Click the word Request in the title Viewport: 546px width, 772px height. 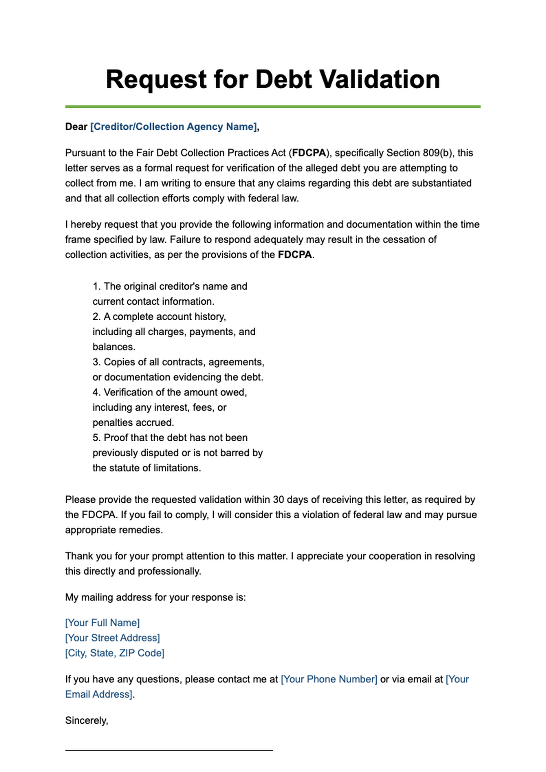click(x=156, y=79)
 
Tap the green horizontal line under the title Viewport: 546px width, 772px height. click(x=273, y=107)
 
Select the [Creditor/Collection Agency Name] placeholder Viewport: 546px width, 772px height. click(x=173, y=127)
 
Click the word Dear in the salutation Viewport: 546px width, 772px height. click(x=76, y=127)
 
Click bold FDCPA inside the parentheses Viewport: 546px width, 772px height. click(x=309, y=153)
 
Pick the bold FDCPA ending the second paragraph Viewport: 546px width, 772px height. click(x=295, y=255)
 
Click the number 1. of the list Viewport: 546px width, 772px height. click(x=96, y=287)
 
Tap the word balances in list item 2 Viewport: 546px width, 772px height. click(x=114, y=347)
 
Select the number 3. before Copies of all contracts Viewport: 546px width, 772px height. click(x=96, y=362)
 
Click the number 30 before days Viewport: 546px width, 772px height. click(x=278, y=500)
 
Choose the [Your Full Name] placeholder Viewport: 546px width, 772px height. click(x=102, y=623)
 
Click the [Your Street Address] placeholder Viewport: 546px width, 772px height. click(x=112, y=638)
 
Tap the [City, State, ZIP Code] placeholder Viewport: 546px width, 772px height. click(x=115, y=653)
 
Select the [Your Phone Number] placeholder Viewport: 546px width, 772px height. click(x=329, y=679)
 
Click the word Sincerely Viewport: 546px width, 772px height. click(x=86, y=721)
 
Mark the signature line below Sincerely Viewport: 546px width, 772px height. click(x=169, y=750)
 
